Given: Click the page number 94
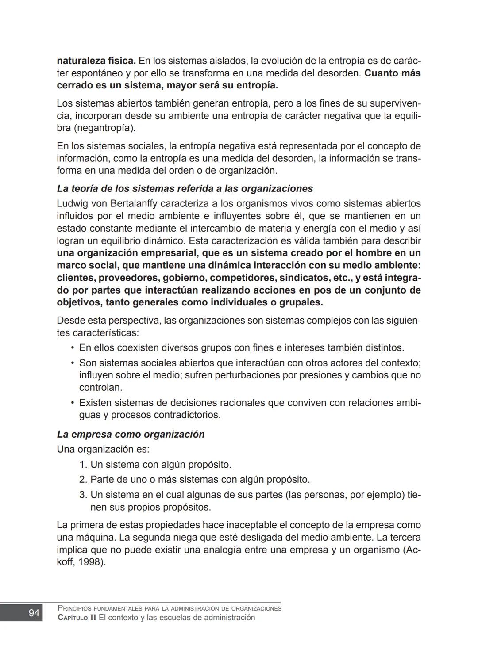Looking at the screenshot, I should click(x=34, y=613).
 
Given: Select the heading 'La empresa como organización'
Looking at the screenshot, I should click(x=131, y=434).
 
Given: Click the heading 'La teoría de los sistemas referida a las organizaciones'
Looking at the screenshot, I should click(x=185, y=188).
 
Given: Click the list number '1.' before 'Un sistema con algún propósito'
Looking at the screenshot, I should click(x=83, y=465).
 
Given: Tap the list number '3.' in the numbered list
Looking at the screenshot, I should click(x=83, y=495).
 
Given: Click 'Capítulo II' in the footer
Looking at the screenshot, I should click(x=77, y=618).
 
